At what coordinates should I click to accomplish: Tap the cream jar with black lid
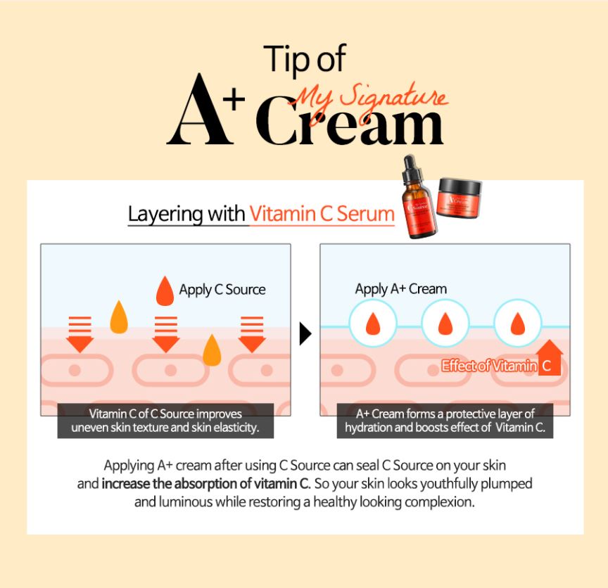[x=460, y=198]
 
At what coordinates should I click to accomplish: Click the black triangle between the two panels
[x=305, y=333]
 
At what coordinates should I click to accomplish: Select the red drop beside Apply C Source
[x=165, y=291]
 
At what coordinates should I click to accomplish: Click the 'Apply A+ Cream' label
[x=401, y=289]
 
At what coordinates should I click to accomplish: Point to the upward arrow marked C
[x=550, y=357]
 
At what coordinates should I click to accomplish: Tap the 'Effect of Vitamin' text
[x=489, y=366]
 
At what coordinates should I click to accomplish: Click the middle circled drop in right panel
[x=445, y=323]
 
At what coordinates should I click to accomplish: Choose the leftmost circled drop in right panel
[x=373, y=323]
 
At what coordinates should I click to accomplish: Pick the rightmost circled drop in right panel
[x=518, y=323]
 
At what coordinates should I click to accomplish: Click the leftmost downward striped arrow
[x=80, y=334]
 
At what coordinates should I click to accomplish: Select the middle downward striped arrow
[x=166, y=334]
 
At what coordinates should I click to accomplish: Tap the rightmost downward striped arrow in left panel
[x=252, y=334]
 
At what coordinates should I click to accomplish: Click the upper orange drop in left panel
[x=119, y=317]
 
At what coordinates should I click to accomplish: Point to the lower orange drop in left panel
[x=212, y=350]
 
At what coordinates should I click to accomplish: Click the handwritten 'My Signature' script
[x=368, y=101]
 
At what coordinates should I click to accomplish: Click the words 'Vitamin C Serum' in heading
[x=322, y=214]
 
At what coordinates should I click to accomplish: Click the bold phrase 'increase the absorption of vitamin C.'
[x=206, y=484]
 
